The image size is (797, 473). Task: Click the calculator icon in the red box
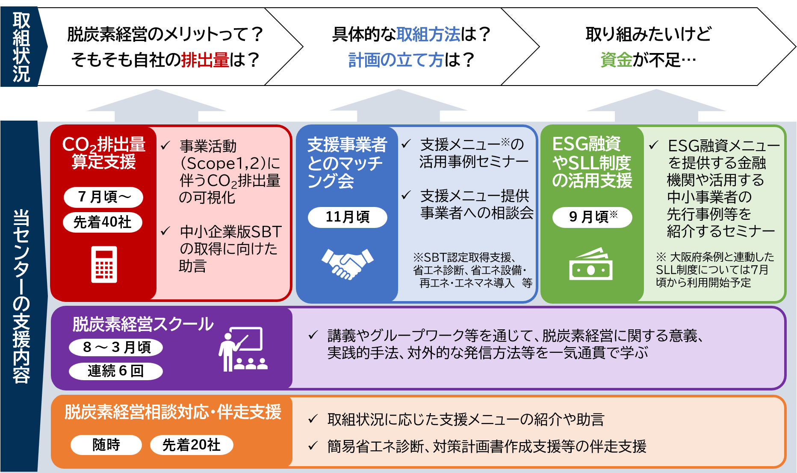104,264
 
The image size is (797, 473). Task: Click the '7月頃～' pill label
103,197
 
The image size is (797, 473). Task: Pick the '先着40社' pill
103,222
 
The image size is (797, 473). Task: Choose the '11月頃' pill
347,217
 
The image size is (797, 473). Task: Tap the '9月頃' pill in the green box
592,217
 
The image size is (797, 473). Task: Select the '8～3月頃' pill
116,347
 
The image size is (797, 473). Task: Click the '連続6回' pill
116,371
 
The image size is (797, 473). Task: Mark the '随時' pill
106,445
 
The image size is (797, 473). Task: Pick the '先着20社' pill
191,445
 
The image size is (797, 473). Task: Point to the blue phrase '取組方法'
428,35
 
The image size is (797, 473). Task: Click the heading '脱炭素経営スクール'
143,325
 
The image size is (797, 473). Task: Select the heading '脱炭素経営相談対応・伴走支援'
173,412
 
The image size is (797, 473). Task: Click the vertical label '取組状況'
21,47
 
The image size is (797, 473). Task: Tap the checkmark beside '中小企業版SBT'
165,231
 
